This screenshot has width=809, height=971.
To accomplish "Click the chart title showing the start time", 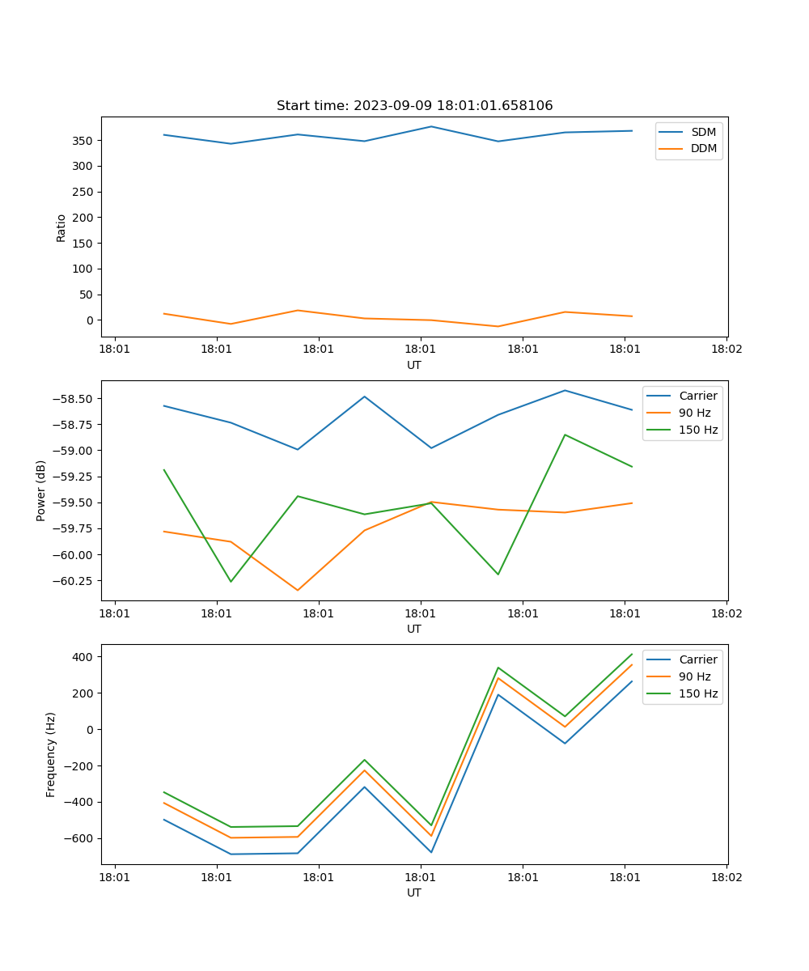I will [414, 106].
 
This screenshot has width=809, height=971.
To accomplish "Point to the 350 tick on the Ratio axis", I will [83, 141].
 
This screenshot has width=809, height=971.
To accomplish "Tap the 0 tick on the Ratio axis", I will [91, 320].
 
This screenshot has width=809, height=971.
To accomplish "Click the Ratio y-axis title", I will [61, 227].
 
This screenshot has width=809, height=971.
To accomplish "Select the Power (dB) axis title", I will [41, 490].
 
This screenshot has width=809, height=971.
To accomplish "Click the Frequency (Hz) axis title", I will [51, 754].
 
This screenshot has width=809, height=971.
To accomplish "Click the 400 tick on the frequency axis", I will [84, 657].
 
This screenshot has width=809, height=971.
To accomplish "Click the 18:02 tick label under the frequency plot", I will [726, 876].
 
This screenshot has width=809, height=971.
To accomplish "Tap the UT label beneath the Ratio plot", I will [414, 365].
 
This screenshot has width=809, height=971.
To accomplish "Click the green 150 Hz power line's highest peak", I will [565, 435].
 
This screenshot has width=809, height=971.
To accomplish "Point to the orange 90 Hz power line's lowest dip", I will [298, 591].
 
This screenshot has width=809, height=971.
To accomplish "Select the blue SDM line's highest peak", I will [431, 126].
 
